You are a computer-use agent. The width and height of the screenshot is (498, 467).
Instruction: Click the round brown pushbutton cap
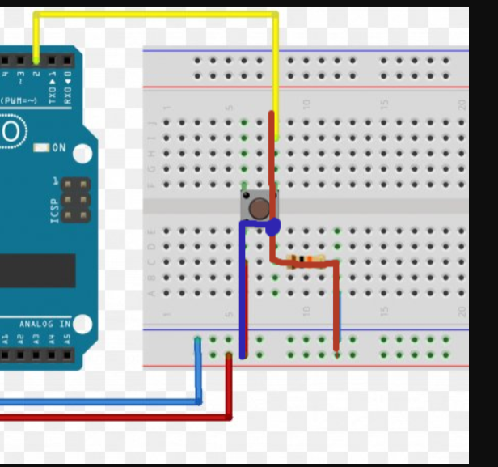pyautogui.click(x=259, y=209)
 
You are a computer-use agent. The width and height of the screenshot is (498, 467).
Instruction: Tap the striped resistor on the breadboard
pyautogui.click(x=306, y=259)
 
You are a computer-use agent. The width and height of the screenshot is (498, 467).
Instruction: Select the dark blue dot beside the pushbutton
pyautogui.click(x=272, y=227)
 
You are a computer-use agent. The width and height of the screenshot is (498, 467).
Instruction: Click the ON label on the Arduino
pyautogui.click(x=59, y=148)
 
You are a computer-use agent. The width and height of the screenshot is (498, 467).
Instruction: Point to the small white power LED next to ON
pyautogui.click(x=41, y=148)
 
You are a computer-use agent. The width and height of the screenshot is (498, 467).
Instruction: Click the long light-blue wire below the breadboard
pyautogui.click(x=97, y=401)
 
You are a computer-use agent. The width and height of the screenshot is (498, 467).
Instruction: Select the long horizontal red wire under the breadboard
pyautogui.click(x=113, y=418)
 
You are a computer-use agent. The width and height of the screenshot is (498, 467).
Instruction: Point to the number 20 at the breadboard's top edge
pyautogui.click(x=462, y=104)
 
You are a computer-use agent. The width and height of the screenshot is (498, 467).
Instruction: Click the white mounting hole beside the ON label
pyautogui.click(x=80, y=151)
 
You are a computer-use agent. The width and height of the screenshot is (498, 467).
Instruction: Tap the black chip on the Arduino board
pyautogui.click(x=36, y=270)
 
